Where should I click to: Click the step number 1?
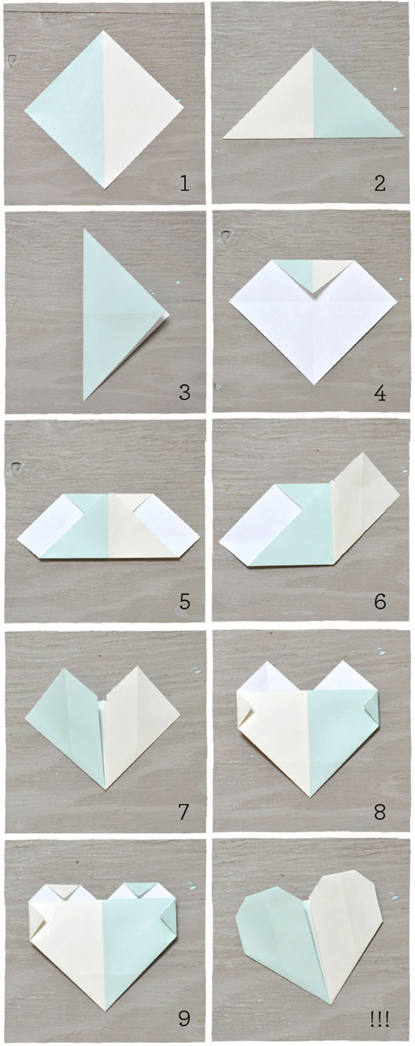click(185, 184)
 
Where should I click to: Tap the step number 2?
click(380, 184)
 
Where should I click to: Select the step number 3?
click(185, 392)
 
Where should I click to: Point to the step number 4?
click(380, 392)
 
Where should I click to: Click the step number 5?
click(185, 601)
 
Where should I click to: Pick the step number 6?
click(380, 601)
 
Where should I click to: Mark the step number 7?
click(184, 812)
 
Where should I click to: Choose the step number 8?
click(380, 812)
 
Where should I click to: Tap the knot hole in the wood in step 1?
click(13, 60)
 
